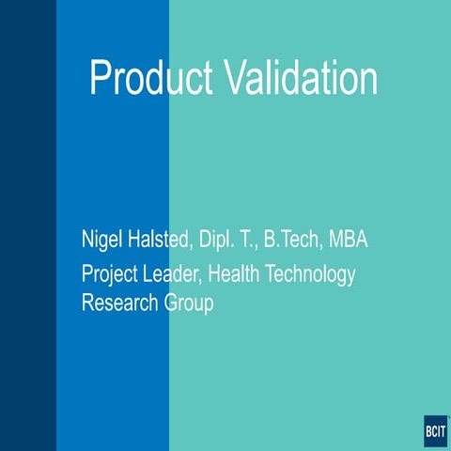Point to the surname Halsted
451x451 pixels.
[161, 240]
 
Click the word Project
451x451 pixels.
[111, 275]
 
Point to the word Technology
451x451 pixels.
[312, 275]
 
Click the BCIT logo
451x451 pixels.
[436, 431]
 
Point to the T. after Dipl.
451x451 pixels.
[249, 240]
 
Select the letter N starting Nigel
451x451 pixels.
[88, 240]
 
